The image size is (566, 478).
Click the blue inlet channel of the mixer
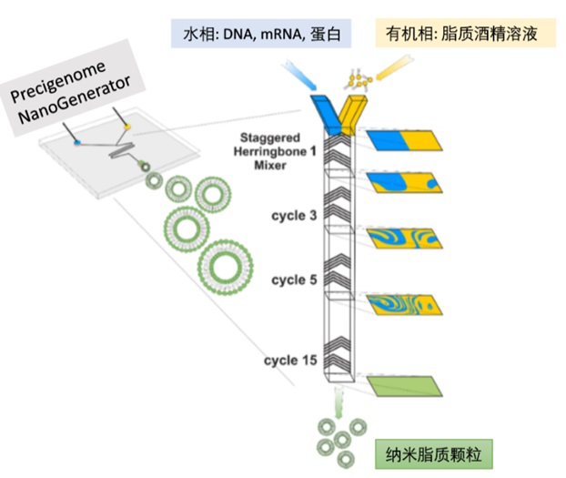324,109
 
